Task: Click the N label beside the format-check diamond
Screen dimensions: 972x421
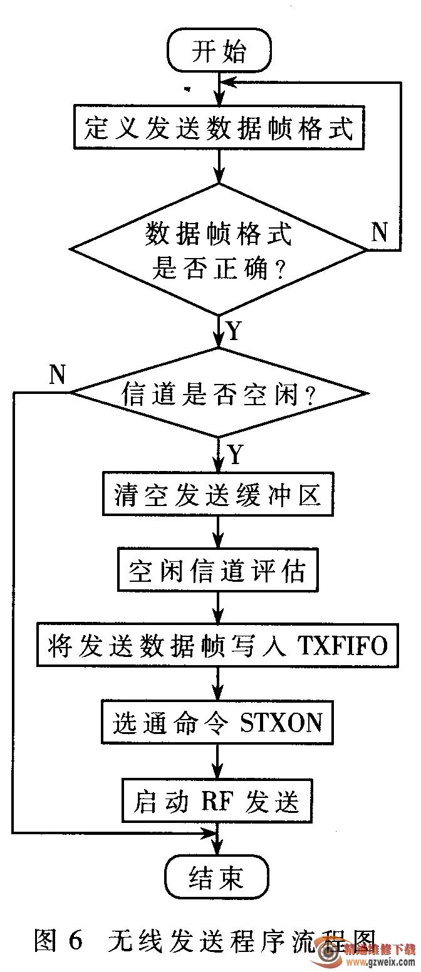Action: (380, 232)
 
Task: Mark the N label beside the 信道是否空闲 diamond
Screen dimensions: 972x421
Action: (58, 375)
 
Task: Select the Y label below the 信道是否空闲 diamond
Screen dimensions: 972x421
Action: (234, 455)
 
